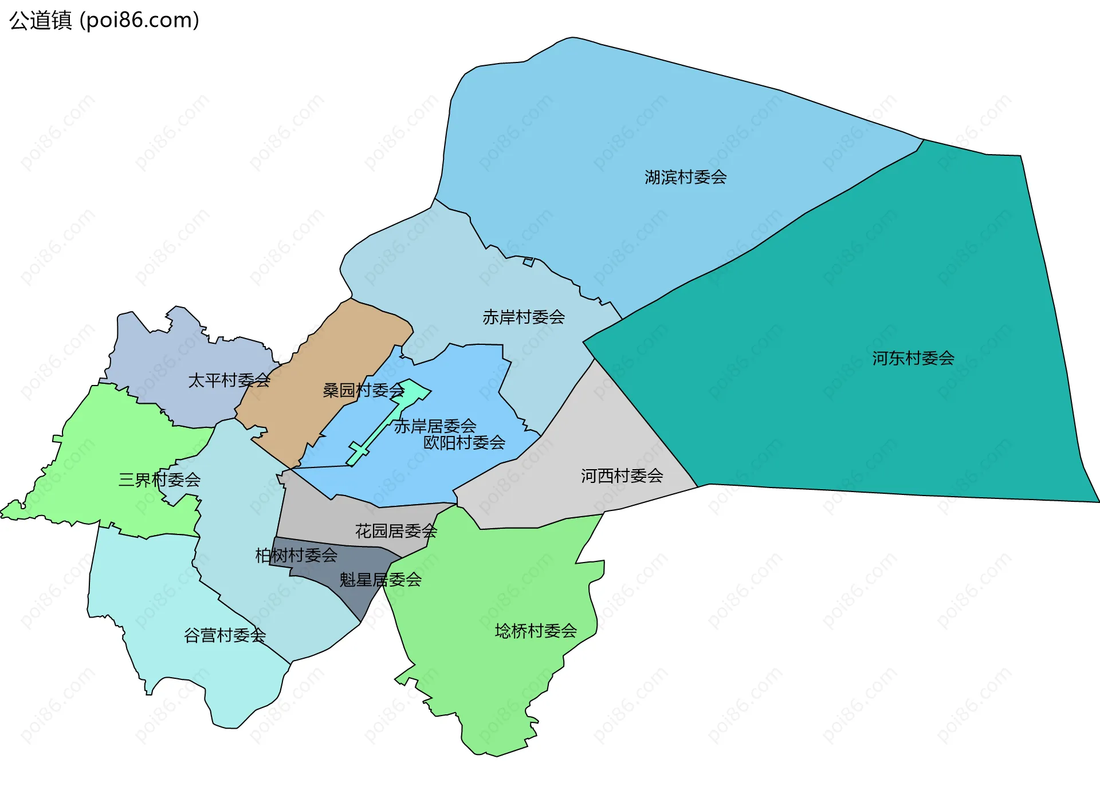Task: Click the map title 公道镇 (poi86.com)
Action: point(104,20)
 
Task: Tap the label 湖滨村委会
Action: point(685,177)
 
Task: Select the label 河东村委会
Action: point(913,358)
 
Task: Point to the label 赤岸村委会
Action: point(524,317)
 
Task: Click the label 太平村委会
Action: point(229,380)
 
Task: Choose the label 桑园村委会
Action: point(364,390)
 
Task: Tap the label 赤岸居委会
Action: point(435,426)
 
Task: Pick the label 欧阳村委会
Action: point(464,442)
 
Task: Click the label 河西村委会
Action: point(622,475)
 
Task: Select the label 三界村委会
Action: point(159,479)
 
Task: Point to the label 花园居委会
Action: point(396,531)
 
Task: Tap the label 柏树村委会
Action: point(296,555)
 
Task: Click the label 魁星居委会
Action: point(380,580)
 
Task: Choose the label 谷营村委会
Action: point(225,635)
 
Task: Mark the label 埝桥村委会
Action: point(536,631)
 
